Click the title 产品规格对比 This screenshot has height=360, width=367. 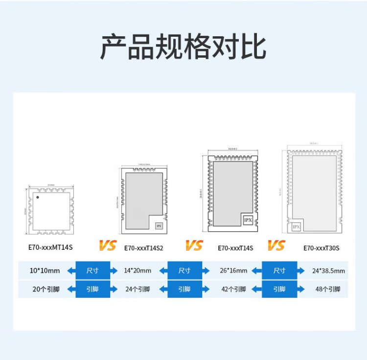tap(183, 47)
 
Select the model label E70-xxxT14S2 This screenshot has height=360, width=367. tap(144, 248)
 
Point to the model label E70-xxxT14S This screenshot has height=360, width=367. tap(235, 248)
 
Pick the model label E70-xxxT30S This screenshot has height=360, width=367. tap(321, 248)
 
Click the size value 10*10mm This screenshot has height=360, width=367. tap(45, 270)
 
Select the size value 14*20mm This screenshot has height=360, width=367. tap(138, 270)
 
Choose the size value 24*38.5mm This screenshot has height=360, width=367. tap(328, 270)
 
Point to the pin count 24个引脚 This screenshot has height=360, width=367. tap(138, 289)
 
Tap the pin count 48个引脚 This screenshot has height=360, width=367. tap(328, 289)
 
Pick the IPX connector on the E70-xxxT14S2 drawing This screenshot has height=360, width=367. tap(159, 226)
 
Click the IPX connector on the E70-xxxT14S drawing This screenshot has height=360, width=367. tap(248, 221)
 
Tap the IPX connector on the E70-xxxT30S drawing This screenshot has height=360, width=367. tap(296, 227)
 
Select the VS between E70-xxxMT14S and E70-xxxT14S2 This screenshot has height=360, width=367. tap(108, 245)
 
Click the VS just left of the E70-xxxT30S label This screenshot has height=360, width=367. tap(276, 245)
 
